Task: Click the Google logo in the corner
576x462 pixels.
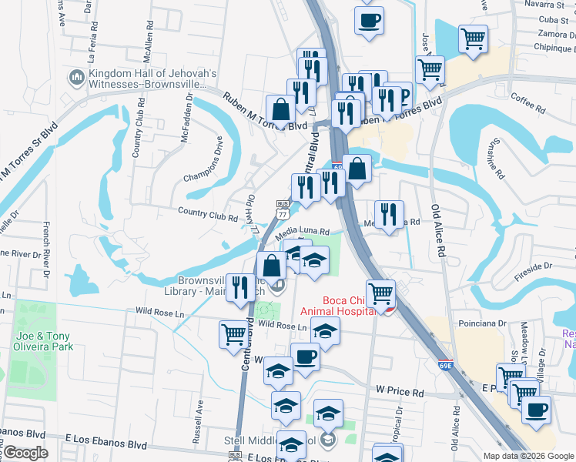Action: point(25,453)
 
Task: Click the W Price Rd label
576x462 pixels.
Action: point(400,393)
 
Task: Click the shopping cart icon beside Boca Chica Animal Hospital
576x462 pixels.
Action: point(380,292)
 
